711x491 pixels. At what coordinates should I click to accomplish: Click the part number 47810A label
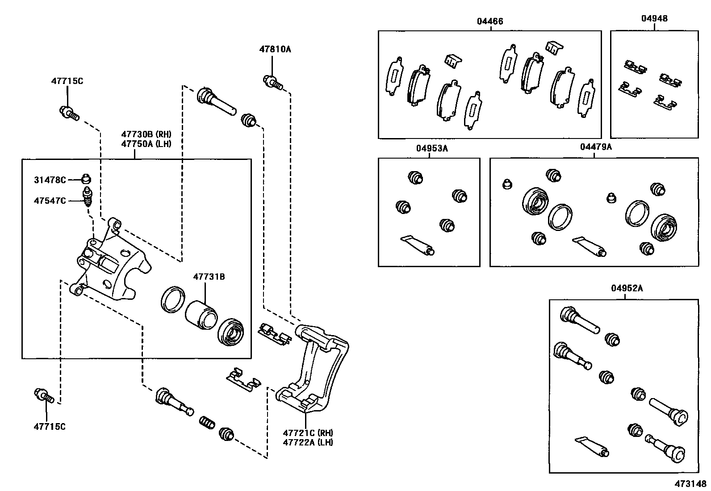pyautogui.click(x=275, y=49)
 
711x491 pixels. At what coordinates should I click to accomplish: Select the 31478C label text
pyautogui.click(x=50, y=180)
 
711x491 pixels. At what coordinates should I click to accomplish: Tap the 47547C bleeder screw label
pyautogui.click(x=50, y=201)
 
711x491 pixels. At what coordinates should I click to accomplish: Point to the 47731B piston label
pyautogui.click(x=209, y=277)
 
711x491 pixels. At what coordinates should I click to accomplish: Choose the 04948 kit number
pyautogui.click(x=654, y=18)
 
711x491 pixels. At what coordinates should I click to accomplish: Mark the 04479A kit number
pyautogui.click(x=596, y=147)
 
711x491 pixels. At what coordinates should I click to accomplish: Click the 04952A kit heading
pyautogui.click(x=627, y=289)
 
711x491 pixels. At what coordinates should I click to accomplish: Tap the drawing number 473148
pyautogui.click(x=690, y=484)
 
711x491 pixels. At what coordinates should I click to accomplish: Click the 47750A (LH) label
pyautogui.click(x=146, y=143)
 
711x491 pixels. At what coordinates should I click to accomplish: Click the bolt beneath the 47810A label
pyautogui.click(x=273, y=82)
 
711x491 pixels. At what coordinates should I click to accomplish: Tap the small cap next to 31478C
pyautogui.click(x=86, y=179)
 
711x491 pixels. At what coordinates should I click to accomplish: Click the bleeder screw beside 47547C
pyautogui.click(x=88, y=197)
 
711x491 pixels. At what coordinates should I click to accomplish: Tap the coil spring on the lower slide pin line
pyautogui.click(x=207, y=422)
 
